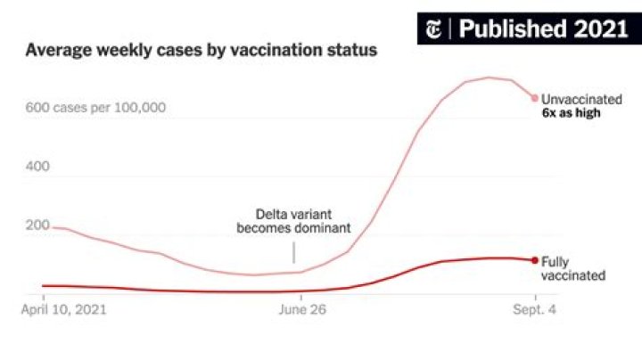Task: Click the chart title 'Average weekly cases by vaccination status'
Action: (x=201, y=51)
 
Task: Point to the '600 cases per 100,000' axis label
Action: (x=95, y=108)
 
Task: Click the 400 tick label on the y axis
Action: (x=38, y=167)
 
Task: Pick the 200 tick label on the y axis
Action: (x=38, y=225)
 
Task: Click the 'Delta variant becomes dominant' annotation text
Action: (x=293, y=221)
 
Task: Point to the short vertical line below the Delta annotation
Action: (x=293, y=251)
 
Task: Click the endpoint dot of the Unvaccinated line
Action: (x=535, y=98)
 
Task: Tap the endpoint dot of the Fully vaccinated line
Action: (x=535, y=260)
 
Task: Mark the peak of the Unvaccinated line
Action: (x=489, y=78)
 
